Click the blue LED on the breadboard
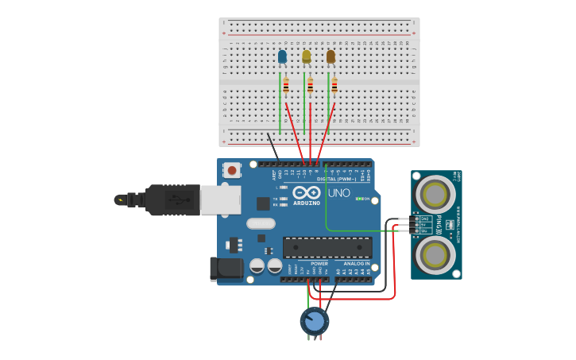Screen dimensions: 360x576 coord(282,56)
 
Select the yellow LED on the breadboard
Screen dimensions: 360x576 coord(307,56)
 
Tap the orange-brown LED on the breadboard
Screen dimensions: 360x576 coord(331,56)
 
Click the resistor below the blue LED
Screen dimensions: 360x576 coord(286,86)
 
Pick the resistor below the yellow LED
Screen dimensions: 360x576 coord(310,86)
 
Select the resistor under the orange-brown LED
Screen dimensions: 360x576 coord(334,86)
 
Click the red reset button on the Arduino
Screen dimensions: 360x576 coord(232,169)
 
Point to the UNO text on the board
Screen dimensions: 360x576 coord(339,193)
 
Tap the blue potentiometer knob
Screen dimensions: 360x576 coord(315,321)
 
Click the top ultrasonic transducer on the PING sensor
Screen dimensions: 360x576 coord(435,195)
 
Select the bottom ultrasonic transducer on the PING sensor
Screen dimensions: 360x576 coord(435,254)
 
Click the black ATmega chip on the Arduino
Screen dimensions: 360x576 coord(327,247)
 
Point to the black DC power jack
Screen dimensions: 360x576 coord(226,269)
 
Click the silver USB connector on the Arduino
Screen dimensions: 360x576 coord(220,200)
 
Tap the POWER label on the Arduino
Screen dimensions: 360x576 coord(319,263)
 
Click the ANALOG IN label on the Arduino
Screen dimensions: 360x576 coord(356,263)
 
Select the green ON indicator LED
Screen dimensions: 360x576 coord(360,199)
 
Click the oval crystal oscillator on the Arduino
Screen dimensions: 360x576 coord(261,223)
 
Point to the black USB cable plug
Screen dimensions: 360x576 coord(172,200)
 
